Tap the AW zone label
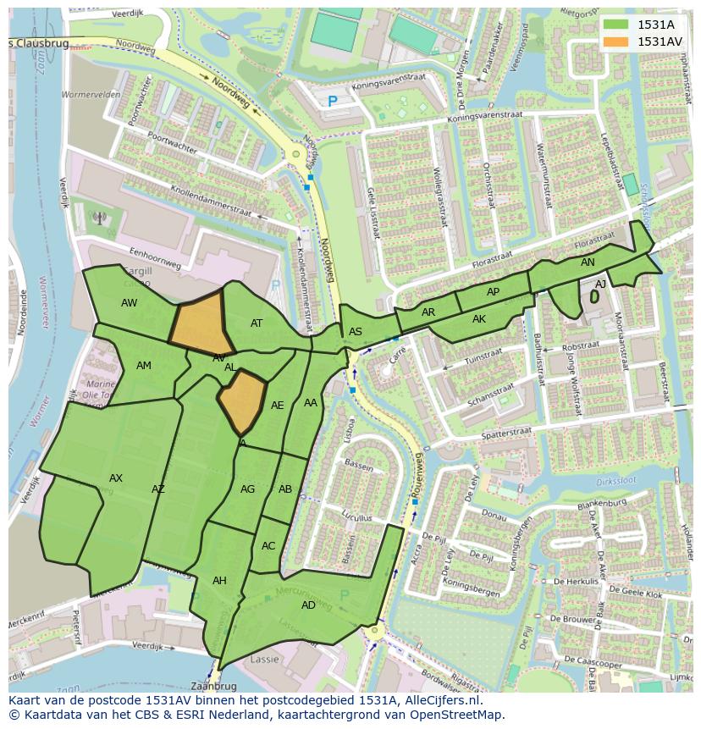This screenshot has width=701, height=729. (x=129, y=303)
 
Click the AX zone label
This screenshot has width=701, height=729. (x=116, y=478)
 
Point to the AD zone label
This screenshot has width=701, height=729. (x=308, y=605)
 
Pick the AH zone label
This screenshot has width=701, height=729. (x=219, y=581)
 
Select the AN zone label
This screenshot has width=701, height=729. (x=588, y=263)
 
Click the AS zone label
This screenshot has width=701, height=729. (x=356, y=332)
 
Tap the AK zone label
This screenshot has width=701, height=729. (x=479, y=319)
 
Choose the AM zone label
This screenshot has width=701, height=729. (x=144, y=366)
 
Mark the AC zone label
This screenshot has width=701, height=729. (x=268, y=546)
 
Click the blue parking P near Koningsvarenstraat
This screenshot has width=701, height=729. (x=333, y=101)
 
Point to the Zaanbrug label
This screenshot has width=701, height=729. (x=213, y=686)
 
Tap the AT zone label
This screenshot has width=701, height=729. (x=257, y=323)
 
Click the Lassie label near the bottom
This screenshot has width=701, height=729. (x=265, y=659)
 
